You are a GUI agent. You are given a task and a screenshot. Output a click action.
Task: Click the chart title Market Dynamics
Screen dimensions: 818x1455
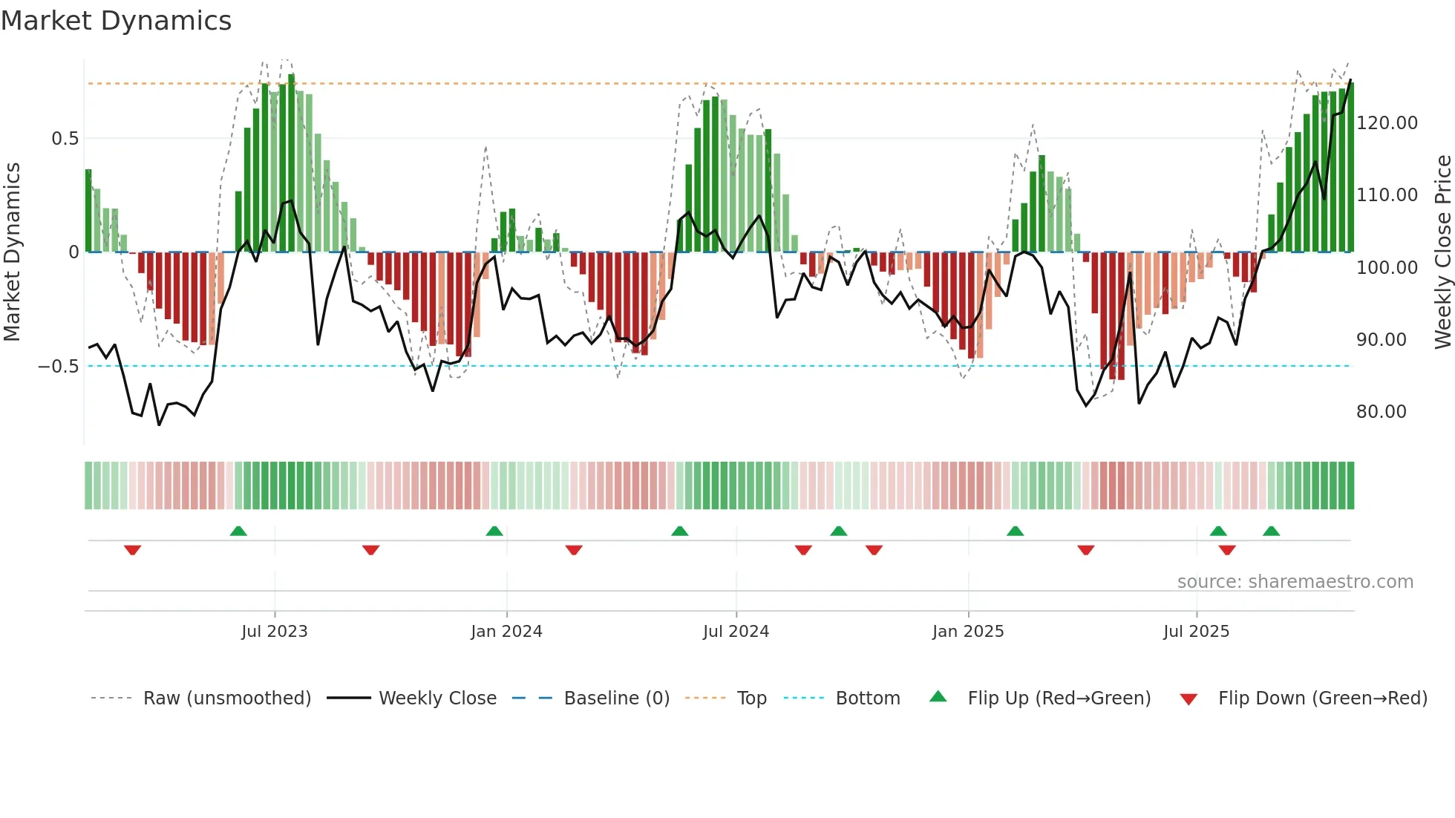pyautogui.click(x=116, y=21)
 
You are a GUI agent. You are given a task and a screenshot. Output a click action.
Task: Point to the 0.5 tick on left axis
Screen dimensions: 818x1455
pyautogui.click(x=65, y=139)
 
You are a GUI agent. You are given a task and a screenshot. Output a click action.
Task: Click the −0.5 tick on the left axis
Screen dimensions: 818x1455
pyautogui.click(x=58, y=367)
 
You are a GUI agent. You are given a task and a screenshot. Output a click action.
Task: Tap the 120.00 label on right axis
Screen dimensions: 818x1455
pyautogui.click(x=1387, y=123)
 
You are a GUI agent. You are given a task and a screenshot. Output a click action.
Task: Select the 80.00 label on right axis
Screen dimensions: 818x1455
pyautogui.click(x=1381, y=412)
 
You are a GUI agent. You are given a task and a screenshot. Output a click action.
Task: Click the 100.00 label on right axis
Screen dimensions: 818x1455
pyautogui.click(x=1387, y=268)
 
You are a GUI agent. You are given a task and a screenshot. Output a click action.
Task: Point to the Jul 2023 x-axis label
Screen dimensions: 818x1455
pyautogui.click(x=274, y=632)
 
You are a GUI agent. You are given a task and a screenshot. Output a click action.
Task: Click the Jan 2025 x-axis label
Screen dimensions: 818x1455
pyautogui.click(x=968, y=632)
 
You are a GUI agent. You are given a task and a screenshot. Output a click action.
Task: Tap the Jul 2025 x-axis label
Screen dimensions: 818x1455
pyautogui.click(x=1196, y=632)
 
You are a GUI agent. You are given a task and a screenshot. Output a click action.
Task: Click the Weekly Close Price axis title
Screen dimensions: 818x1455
pyautogui.click(x=1442, y=252)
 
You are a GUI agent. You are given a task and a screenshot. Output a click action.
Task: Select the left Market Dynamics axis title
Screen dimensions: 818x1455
pyautogui.click(x=12, y=252)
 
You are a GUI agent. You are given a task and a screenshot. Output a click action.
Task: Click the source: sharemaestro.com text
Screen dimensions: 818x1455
pyautogui.click(x=1295, y=582)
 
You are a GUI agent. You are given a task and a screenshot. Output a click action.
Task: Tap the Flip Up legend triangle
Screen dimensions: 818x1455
pyautogui.click(x=938, y=696)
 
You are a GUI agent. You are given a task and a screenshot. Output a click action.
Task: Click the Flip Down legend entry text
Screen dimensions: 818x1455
pyautogui.click(x=1322, y=698)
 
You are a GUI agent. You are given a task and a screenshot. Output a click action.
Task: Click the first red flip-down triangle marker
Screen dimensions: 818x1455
pyautogui.click(x=133, y=549)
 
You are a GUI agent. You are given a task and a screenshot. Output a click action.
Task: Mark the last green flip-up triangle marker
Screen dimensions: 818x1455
pyautogui.click(x=1271, y=531)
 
